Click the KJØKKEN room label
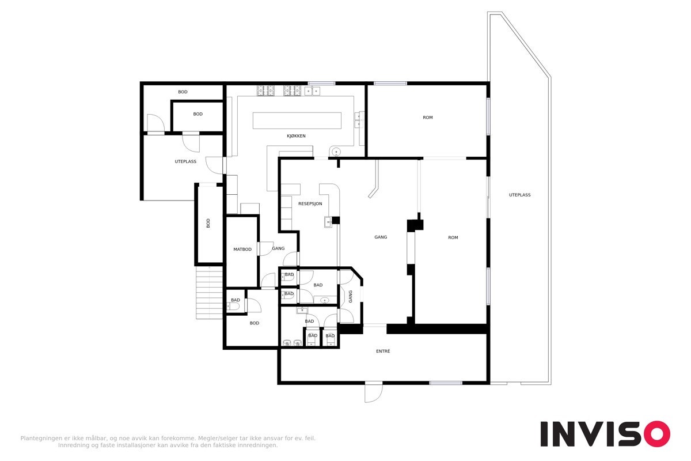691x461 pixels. (296, 136)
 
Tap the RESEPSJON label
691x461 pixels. (310, 204)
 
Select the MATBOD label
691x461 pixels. (242, 249)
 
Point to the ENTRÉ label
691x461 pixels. (383, 351)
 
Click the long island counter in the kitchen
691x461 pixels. (297, 120)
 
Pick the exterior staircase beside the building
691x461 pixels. (209, 293)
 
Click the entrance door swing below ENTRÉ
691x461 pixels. (374, 394)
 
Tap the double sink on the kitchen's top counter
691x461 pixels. (312, 91)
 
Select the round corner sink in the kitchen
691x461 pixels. (336, 152)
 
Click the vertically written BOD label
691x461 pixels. (208, 223)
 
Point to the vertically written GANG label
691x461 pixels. (351, 296)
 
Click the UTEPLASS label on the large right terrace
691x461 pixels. (520, 195)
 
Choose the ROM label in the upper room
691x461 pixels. (428, 118)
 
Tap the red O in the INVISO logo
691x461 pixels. (657, 433)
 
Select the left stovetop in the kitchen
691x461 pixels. (265, 90)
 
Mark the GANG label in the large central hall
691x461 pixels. (381, 237)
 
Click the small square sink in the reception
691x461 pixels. (328, 222)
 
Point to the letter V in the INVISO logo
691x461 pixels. (590, 434)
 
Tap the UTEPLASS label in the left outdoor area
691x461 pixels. (185, 161)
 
